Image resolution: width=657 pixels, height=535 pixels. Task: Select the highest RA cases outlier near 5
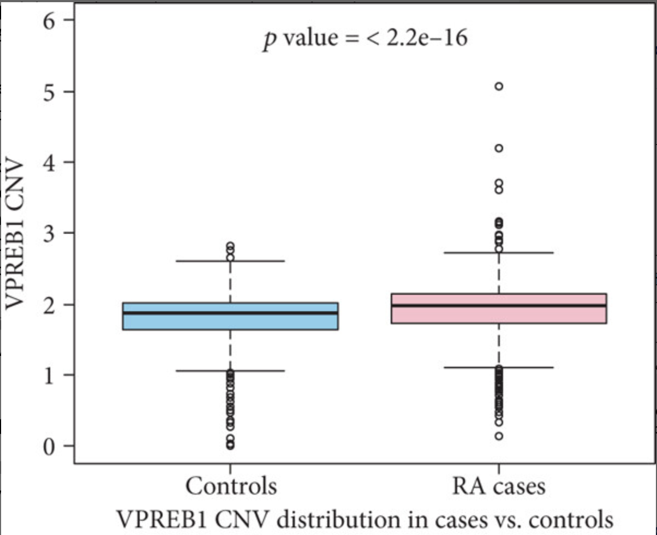498,86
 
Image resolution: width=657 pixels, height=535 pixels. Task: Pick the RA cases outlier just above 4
498,148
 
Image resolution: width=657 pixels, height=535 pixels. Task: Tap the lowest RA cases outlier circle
498,436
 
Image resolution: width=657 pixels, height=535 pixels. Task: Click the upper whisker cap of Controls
230,261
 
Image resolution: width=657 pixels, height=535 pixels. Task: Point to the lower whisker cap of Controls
230,371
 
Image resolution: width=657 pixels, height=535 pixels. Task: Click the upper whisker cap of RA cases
498,253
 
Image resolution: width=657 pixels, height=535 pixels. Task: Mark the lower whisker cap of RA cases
498,367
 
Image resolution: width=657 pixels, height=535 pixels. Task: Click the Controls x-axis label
231,485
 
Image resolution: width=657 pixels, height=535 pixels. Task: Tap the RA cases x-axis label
498,485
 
